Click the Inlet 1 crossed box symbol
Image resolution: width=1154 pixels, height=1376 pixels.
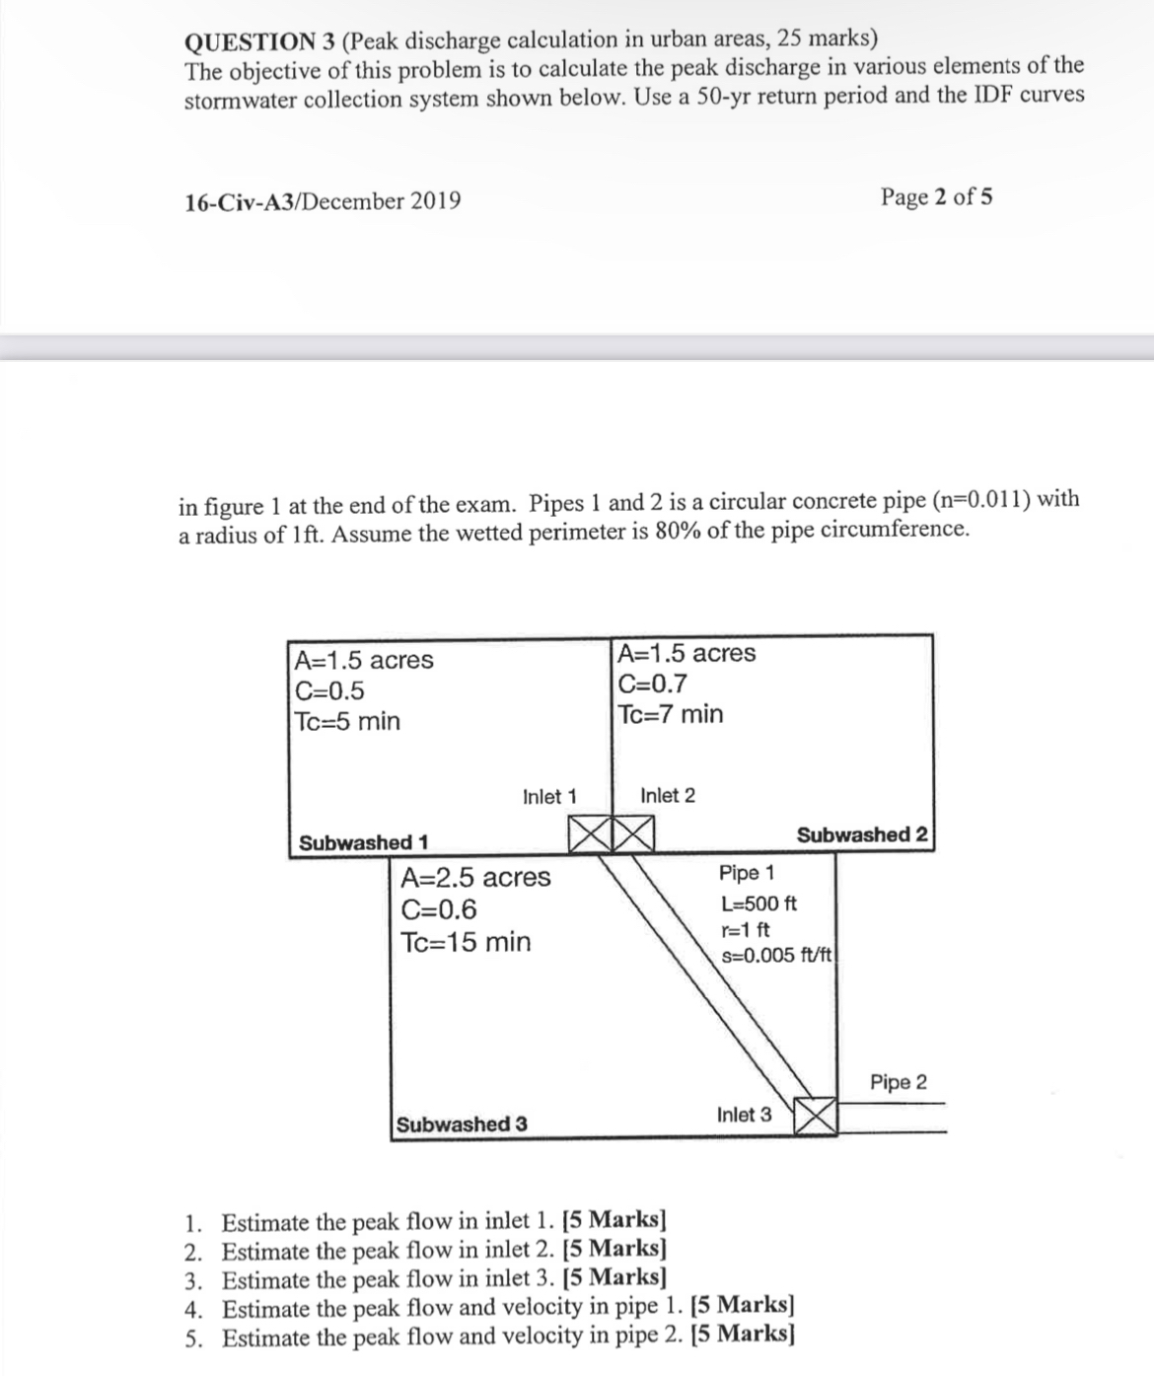[x=591, y=834]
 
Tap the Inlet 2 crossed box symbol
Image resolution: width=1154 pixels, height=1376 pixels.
[x=634, y=834]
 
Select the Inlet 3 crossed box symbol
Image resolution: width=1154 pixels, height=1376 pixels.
[x=816, y=1115]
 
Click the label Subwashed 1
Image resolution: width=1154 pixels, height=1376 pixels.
[x=363, y=843]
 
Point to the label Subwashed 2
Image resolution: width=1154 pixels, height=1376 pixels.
[x=862, y=835]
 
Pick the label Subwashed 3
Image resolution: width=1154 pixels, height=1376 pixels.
[x=462, y=1124]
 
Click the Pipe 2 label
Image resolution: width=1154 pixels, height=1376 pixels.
[x=899, y=1082]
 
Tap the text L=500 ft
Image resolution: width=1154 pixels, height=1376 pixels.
[x=758, y=904]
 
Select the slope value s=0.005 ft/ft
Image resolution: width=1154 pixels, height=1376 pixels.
[x=778, y=955]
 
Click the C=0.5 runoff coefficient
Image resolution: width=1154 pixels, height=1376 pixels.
[x=329, y=690]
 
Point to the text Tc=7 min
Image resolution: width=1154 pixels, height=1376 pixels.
[x=670, y=714]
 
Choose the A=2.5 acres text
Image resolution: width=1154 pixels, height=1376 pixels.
[x=475, y=877]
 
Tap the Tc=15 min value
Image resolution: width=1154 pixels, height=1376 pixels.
[x=466, y=941]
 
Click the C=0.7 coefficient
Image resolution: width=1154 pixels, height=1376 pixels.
[x=652, y=684]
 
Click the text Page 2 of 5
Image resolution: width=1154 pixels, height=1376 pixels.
[x=937, y=196]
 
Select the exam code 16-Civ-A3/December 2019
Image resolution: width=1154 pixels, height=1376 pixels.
[x=323, y=201]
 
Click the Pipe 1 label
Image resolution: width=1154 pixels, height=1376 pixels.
[x=747, y=873]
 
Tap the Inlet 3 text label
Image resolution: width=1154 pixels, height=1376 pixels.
[x=745, y=1115]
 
